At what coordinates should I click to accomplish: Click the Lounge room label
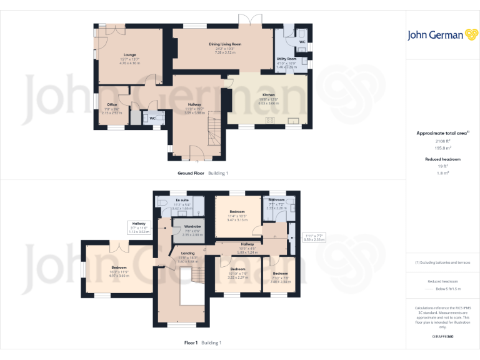[x=129, y=54]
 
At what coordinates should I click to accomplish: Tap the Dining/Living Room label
[x=225, y=44]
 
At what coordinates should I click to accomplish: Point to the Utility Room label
[x=286, y=58]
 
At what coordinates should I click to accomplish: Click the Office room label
[x=112, y=104]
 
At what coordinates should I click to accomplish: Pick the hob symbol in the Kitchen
[x=271, y=120]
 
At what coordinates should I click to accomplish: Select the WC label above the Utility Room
[x=302, y=42]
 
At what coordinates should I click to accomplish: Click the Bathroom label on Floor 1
[x=277, y=199]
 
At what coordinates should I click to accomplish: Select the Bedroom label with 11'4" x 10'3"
[x=238, y=212]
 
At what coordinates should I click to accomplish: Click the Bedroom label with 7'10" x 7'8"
[x=280, y=273]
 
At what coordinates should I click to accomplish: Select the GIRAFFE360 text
[x=443, y=337]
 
